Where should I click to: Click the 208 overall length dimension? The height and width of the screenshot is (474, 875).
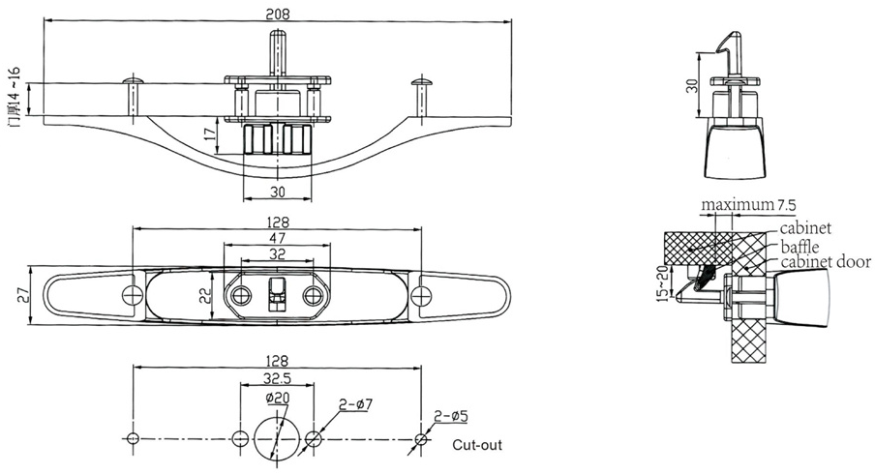(278, 14)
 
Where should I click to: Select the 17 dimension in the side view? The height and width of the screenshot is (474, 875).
(210, 134)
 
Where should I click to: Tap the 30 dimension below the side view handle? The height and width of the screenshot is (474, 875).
(278, 192)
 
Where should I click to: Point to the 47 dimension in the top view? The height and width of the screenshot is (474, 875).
(278, 237)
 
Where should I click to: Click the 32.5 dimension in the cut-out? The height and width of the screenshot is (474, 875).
(277, 381)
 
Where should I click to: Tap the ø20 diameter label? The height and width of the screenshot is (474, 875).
(277, 398)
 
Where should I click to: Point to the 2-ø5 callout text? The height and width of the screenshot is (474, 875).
(451, 416)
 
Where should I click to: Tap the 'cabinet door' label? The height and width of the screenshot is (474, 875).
(823, 262)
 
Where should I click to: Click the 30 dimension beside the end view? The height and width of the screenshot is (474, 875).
(691, 85)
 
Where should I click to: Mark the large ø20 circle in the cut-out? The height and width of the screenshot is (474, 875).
(278, 439)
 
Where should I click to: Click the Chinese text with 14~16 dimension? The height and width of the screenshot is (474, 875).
(13, 98)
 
